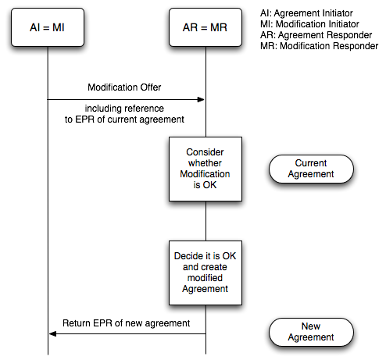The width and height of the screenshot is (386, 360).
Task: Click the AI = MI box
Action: click(48, 27)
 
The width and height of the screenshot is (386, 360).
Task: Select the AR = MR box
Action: click(206, 27)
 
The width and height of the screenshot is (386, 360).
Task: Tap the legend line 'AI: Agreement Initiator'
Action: click(306, 13)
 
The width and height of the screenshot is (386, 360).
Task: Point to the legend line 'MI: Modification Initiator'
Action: click(309, 24)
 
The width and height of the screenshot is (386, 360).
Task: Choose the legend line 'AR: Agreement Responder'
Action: click(316, 35)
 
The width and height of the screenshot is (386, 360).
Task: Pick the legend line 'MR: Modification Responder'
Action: click(320, 46)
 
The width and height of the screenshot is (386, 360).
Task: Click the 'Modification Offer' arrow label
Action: click(124, 87)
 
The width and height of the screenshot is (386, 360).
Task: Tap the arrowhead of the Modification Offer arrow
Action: click(201, 99)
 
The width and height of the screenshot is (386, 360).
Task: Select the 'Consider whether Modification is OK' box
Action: click(206, 169)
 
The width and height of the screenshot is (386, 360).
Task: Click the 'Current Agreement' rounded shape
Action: click(311, 169)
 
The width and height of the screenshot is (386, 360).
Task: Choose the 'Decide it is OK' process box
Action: click(206, 273)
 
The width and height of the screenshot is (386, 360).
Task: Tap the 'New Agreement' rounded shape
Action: click(311, 332)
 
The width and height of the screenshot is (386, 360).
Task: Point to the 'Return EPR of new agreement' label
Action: click(126, 323)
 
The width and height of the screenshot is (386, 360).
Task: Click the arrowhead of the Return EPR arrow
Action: click(52, 334)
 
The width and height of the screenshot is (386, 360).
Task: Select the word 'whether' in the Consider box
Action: click(205, 163)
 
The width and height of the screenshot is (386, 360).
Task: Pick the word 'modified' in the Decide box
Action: click(205, 278)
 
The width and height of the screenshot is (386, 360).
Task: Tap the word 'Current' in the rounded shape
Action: click(311, 163)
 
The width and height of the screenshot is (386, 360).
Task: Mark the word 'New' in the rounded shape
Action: click(311, 326)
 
